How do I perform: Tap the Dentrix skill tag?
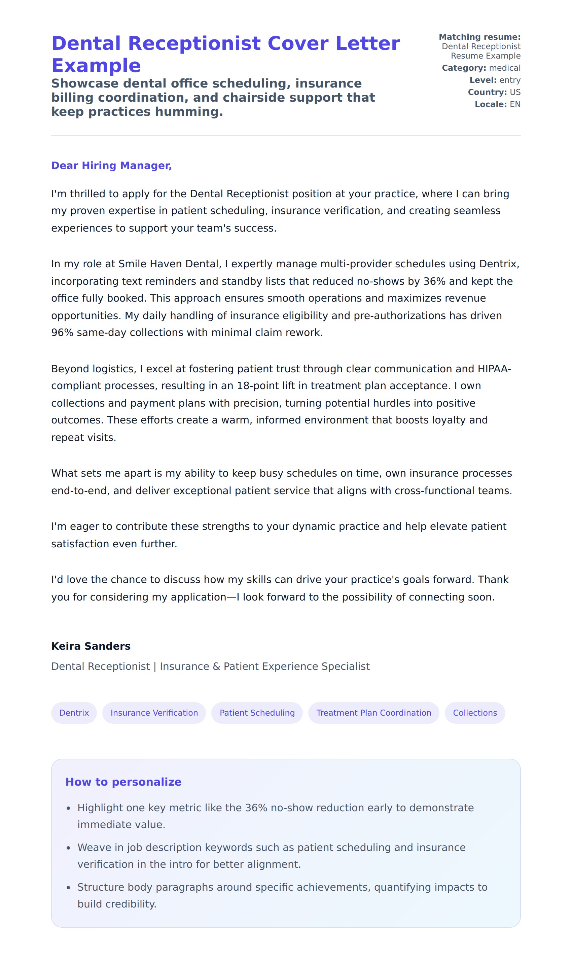(74, 713)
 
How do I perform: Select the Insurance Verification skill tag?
(154, 713)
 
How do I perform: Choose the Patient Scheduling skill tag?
(257, 713)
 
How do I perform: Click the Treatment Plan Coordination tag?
(373, 713)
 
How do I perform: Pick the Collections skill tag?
(475, 713)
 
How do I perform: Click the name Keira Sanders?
(91, 646)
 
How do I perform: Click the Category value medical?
(505, 68)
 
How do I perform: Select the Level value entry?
(510, 80)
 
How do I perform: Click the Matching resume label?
(479, 37)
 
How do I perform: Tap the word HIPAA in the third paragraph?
(493, 369)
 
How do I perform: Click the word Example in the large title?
(96, 66)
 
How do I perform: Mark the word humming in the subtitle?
(188, 112)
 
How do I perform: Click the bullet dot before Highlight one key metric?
(69, 808)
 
